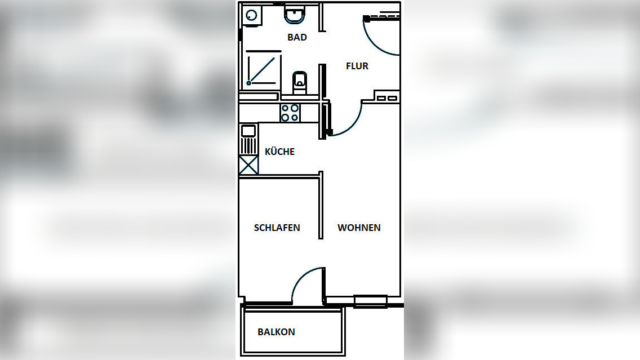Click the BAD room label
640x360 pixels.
pyautogui.click(x=297, y=38)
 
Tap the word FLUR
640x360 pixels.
pyautogui.click(x=357, y=66)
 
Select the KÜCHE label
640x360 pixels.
pyautogui.click(x=279, y=152)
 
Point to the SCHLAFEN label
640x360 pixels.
pyautogui.click(x=277, y=228)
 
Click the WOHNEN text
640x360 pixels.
pyautogui.click(x=359, y=228)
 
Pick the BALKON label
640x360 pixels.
pyautogui.click(x=276, y=332)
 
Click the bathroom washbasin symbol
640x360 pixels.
pyautogui.click(x=294, y=15)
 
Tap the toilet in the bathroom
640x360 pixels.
pyautogui.click(x=300, y=82)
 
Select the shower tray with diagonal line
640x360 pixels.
pyautogui.click(x=263, y=70)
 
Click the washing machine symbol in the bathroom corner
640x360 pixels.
pyautogui.click(x=252, y=16)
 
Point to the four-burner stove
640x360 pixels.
pyautogui.click(x=290, y=113)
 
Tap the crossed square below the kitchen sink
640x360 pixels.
pyautogui.click(x=248, y=165)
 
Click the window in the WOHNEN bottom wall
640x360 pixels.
pyautogui.click(x=370, y=301)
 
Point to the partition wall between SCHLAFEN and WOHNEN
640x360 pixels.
pyautogui.click(x=321, y=206)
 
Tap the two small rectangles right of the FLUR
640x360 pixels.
pyautogui.click(x=386, y=99)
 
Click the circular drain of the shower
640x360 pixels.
pyautogui.click(x=249, y=83)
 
